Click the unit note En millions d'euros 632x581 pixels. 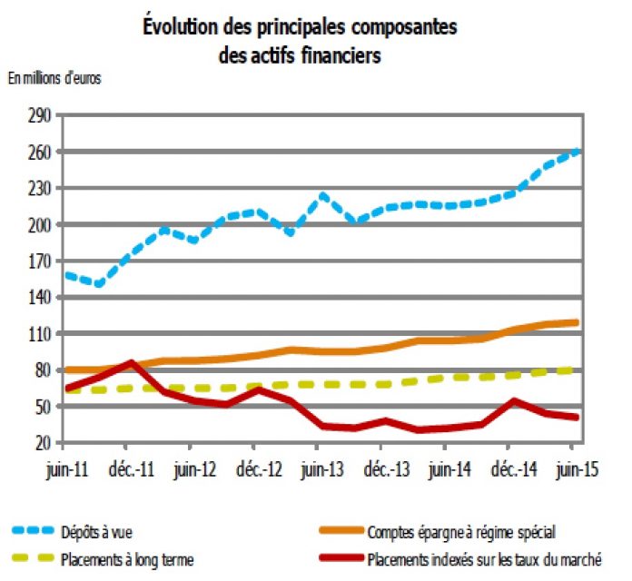pos(54,77)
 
